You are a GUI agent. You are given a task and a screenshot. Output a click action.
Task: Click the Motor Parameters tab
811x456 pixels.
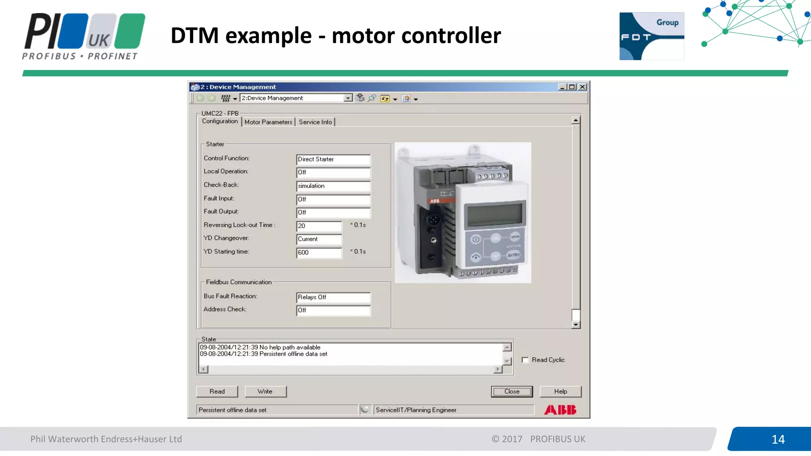268,122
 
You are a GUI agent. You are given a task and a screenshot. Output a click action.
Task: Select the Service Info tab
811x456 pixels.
315,122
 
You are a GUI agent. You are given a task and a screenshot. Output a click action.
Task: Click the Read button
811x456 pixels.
217,391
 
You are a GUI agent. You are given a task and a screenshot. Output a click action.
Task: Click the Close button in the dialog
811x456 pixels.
512,391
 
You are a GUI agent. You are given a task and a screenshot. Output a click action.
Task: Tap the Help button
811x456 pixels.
560,391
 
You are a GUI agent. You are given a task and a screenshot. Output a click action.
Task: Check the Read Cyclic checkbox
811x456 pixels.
525,360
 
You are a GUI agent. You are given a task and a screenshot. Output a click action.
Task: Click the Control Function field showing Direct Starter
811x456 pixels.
333,160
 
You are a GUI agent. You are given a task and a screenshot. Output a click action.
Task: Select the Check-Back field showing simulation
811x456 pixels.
333,186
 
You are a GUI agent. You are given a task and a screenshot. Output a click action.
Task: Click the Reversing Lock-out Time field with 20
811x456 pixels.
319,226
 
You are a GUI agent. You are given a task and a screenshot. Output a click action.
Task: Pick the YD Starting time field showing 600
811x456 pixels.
319,253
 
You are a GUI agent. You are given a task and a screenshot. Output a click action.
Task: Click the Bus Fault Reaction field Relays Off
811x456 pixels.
333,297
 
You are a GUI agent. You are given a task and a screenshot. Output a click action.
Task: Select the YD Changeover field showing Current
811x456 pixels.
319,239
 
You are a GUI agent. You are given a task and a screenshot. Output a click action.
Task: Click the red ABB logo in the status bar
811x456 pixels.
560,410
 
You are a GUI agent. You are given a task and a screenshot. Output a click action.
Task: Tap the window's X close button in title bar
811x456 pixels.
582,87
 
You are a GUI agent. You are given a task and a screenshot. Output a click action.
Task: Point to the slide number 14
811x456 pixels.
778,439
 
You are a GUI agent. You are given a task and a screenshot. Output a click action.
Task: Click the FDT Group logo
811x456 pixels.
651,36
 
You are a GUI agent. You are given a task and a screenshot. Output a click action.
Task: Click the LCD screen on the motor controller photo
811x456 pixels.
495,214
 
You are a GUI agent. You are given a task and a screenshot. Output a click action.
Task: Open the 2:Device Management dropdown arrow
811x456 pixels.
348,98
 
